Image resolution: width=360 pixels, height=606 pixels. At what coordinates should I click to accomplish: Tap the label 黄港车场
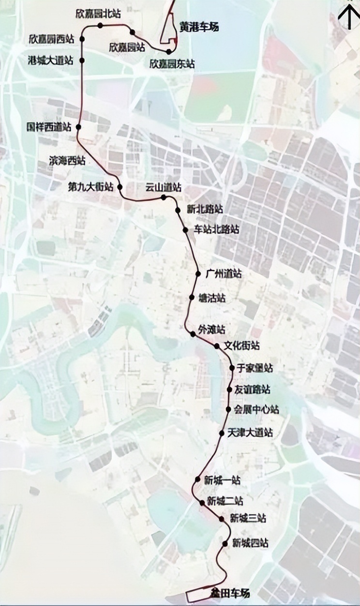pos(199,28)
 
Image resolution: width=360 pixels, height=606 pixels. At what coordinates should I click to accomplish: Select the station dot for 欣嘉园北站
pos(100,26)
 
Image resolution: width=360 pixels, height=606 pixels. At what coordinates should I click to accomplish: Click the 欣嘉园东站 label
pos(172,63)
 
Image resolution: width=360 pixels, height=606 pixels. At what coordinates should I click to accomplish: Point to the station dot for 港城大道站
pos(82,61)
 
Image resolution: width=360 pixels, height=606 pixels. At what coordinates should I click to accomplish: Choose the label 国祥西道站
pos(48,127)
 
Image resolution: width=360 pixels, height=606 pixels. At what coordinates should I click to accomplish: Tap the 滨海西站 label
pos(67,161)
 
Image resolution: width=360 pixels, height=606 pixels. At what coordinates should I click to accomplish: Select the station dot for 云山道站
pos(164,197)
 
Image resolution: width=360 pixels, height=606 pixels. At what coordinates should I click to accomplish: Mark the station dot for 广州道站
pos(198,274)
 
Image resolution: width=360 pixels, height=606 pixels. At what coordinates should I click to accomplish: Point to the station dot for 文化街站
pos(217,346)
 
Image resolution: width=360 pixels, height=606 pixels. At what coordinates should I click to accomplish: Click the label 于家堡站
pos(255,368)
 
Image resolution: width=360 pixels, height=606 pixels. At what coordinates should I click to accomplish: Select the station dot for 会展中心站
pos(228,409)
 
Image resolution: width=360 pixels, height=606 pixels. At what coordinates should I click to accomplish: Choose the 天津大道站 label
pos(250,432)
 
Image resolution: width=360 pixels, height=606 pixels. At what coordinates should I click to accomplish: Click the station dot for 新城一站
pos(197,480)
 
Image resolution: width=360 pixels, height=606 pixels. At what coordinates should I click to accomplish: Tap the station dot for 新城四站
pos(225,544)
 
